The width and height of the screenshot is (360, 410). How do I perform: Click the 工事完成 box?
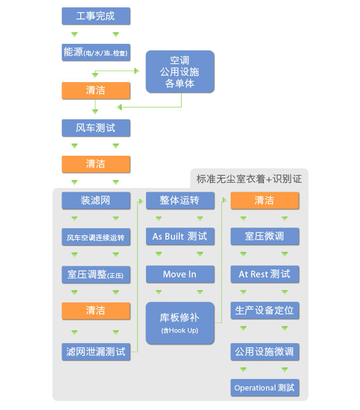coord(96,16)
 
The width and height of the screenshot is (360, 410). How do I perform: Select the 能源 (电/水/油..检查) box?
coord(96,52)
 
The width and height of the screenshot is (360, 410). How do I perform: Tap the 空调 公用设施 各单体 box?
coord(180,72)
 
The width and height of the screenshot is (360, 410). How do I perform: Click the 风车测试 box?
coord(96,128)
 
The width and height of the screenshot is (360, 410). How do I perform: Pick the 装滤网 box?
coord(96,201)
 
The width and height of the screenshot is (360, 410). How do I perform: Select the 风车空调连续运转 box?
coord(96,237)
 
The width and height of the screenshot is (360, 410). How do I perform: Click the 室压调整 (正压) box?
coord(96,274)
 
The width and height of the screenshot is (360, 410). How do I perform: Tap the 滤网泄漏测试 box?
coord(96,352)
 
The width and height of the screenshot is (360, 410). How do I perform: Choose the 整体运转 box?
coord(180,201)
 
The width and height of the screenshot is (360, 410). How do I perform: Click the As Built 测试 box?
coord(180,237)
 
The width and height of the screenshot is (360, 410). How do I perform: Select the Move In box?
coord(180,274)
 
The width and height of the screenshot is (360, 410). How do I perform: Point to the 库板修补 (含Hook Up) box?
coord(180,323)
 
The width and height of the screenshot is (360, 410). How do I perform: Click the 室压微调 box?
coord(265,237)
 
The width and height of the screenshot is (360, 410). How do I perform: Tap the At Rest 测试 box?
coord(265,274)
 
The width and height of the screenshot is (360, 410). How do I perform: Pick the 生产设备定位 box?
coord(265,311)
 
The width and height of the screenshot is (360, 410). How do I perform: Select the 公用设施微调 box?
coord(265,352)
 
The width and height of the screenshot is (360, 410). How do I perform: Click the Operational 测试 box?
coord(265,387)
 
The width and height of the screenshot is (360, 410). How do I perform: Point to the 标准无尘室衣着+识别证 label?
coord(249,179)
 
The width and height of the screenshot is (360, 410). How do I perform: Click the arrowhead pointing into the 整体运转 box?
coord(141,201)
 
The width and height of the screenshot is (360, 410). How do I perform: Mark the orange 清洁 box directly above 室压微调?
coord(265,201)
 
